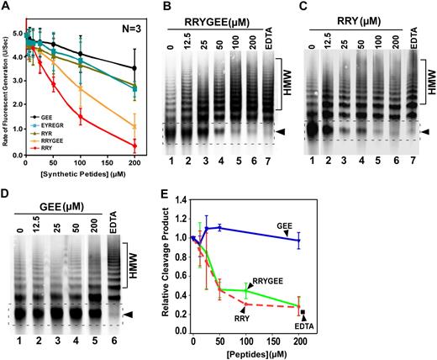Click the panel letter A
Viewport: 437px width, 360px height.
[x=7, y=7]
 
